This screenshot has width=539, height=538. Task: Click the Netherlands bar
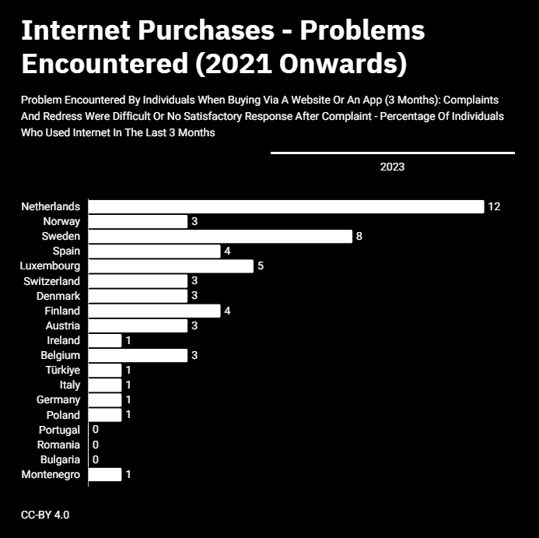(x=286, y=207)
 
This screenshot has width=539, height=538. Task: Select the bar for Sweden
(x=220, y=237)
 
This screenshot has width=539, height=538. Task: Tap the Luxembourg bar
(x=171, y=266)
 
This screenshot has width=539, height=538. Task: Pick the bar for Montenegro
(x=105, y=474)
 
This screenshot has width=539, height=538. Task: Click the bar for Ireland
(x=105, y=340)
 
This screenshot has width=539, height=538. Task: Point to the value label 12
(x=494, y=206)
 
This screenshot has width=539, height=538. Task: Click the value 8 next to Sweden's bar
(x=359, y=236)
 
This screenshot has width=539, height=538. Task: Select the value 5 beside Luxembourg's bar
(x=261, y=265)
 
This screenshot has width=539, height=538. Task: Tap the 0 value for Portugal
(x=96, y=429)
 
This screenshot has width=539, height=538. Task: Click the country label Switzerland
(x=51, y=281)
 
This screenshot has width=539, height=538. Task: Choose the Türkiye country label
(x=62, y=370)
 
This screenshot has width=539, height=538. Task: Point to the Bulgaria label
(x=60, y=459)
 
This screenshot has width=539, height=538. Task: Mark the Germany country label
(x=58, y=399)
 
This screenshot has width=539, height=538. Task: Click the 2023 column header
(x=392, y=167)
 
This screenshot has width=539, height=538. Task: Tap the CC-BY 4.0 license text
(x=45, y=515)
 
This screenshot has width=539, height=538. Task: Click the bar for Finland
(x=154, y=311)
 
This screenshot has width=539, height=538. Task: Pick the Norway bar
(x=138, y=222)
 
